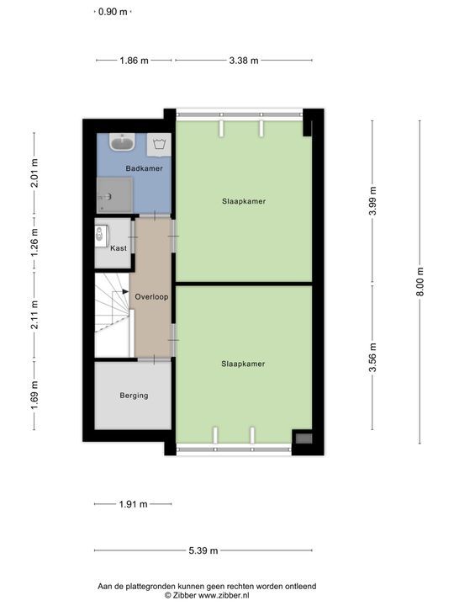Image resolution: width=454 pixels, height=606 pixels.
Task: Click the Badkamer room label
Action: (x=144, y=169)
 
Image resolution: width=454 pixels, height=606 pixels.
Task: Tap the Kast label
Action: (x=119, y=248)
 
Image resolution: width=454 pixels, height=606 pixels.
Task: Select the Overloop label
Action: (x=151, y=296)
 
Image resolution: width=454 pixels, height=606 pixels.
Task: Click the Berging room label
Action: (x=134, y=395)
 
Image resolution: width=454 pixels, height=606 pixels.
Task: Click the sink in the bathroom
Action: (x=123, y=142)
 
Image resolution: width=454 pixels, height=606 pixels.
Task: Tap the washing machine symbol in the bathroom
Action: (x=159, y=145)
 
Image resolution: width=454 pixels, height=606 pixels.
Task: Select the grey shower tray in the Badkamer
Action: (x=113, y=196)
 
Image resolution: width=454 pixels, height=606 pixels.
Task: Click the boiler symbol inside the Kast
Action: (x=102, y=232)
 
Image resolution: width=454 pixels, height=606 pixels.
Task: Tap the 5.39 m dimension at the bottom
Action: (x=203, y=551)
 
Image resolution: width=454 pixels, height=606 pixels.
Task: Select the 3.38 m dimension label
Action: (x=244, y=61)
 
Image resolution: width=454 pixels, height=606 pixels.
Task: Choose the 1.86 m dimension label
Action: (x=134, y=61)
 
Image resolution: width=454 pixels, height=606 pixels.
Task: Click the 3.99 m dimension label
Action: (x=372, y=204)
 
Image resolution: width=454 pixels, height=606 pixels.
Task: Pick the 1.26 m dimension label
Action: (x=34, y=243)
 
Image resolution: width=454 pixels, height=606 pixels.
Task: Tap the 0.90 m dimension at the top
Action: (x=113, y=12)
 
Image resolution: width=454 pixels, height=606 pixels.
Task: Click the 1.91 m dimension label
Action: (x=133, y=504)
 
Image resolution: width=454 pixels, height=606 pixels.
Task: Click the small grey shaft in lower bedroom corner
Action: (x=304, y=438)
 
